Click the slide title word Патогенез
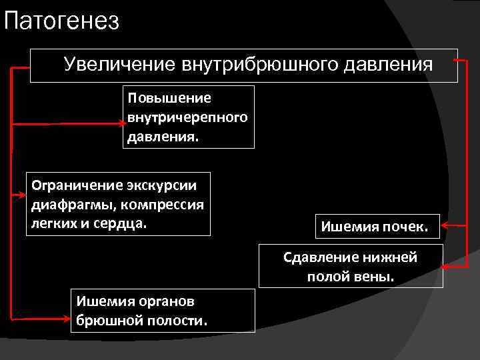click(x=61, y=21)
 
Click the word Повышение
click(x=170, y=98)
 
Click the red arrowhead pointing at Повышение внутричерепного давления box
click(x=120, y=124)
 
